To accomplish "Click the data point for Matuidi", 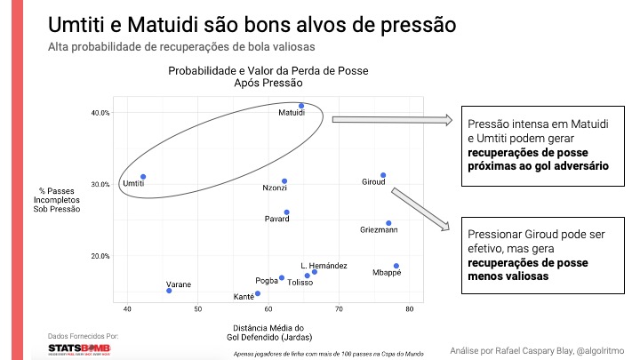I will tap(301, 106).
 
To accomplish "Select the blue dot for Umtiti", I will tap(143, 177).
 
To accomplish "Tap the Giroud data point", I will tap(383, 175).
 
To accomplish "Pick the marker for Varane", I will tap(169, 291).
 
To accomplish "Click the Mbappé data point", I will tap(396, 266).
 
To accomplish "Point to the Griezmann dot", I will tap(388, 223).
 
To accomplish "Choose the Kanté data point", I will tap(258, 293).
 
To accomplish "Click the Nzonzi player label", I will tap(275, 188).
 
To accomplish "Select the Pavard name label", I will tap(277, 219).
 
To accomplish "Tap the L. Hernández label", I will tap(324, 266).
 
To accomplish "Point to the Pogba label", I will tap(268, 281).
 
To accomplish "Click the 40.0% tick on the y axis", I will tap(100, 113).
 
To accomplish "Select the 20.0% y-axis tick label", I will tap(100, 256).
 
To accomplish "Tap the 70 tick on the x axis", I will tap(339, 309).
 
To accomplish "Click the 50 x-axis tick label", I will tap(197, 309).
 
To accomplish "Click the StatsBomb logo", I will tap(79, 348).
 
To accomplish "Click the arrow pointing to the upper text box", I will tap(391, 120).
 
